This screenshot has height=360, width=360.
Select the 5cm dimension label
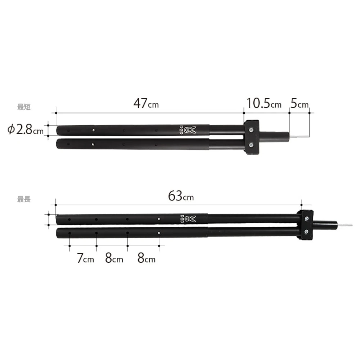point(300,104)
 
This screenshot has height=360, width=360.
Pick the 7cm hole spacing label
point(85,258)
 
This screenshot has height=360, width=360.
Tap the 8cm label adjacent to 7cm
point(114,258)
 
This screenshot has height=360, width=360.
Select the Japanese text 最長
point(24,199)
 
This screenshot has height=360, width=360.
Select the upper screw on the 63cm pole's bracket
point(306,218)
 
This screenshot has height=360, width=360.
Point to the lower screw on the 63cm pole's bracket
point(306,232)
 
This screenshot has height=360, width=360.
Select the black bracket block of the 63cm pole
point(305,225)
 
